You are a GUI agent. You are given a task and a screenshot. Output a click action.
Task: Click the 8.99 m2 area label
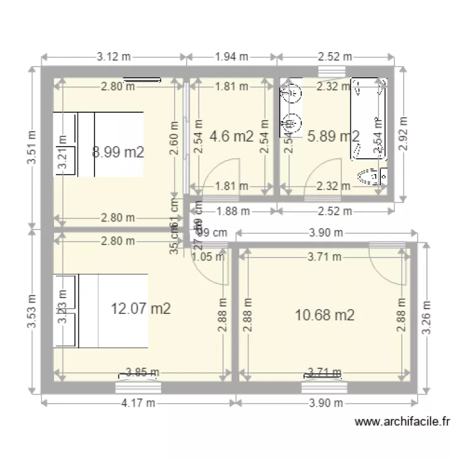click(x=118, y=152)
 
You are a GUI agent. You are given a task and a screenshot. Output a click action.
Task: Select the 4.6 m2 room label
click(x=231, y=137)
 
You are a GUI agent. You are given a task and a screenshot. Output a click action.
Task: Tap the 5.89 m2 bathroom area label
click(x=333, y=137)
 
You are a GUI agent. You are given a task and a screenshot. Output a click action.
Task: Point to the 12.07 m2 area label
click(x=140, y=309)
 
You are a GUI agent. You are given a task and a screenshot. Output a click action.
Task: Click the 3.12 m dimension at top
click(x=114, y=57)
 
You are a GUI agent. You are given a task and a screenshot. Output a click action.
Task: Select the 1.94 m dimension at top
click(x=232, y=57)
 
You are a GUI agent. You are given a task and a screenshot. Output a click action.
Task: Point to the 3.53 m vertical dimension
click(x=31, y=311)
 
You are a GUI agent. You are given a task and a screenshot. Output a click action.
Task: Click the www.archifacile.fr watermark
click(x=403, y=422)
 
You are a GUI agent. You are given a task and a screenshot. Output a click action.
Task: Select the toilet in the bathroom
click(x=373, y=177)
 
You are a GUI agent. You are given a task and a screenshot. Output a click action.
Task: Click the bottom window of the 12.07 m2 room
click(x=138, y=386)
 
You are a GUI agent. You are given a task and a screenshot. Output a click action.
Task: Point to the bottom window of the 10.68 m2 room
click(x=324, y=386)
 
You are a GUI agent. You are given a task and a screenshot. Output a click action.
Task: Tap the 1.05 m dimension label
click(x=208, y=258)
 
